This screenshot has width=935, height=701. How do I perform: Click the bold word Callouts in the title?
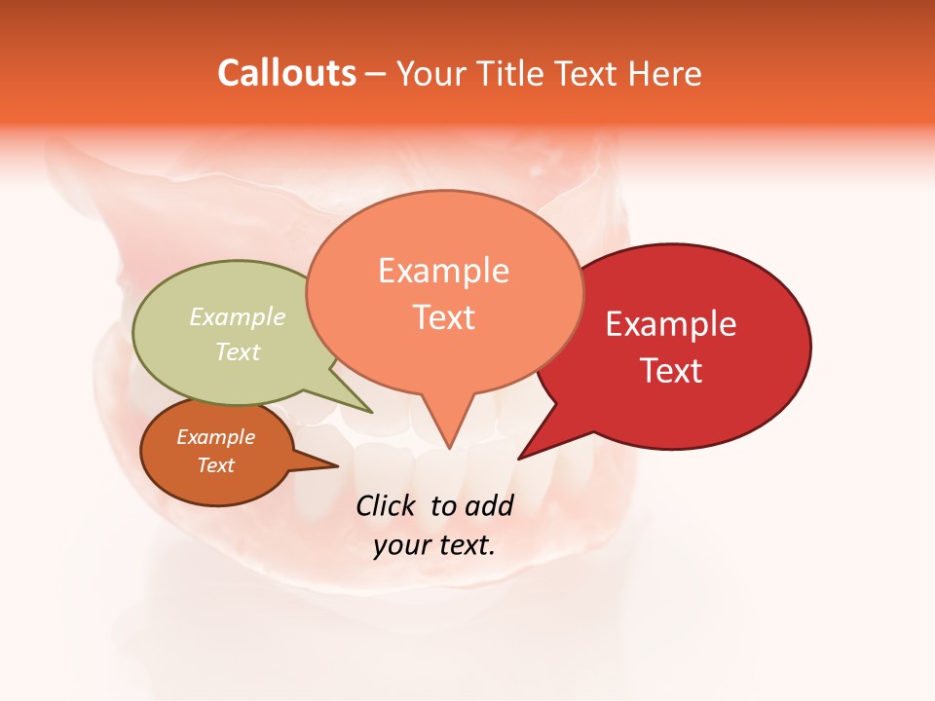pos(286,73)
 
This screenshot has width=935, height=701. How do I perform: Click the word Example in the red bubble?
pos(671,324)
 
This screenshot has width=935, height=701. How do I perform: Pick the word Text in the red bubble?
pos(671,371)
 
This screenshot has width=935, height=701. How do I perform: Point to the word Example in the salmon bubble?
pos(443,271)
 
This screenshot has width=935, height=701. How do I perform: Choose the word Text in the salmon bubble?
pos(443,317)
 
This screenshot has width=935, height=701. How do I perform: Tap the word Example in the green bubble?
pos(238,316)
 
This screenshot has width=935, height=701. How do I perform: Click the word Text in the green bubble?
pos(238,351)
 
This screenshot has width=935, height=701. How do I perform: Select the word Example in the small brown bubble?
pos(215,437)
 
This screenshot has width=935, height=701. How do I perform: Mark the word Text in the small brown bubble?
pos(215,465)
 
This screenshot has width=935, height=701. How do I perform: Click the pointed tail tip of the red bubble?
pos(519,458)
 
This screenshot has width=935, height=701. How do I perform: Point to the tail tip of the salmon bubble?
pos(449,449)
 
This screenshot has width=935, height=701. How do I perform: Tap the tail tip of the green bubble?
pos(371,412)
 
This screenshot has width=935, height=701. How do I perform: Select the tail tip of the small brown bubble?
pos(337,466)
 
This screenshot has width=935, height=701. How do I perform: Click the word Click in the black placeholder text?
pos(386,505)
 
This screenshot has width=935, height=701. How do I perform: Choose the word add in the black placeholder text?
pos(490,505)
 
